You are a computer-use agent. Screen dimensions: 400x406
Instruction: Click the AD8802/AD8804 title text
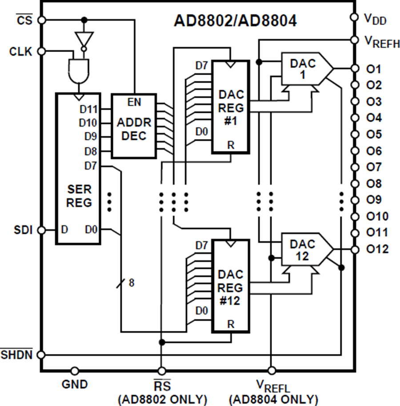point(235,20)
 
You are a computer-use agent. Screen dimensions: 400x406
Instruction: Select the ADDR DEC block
point(134,126)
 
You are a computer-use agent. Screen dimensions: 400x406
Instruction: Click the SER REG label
point(79,196)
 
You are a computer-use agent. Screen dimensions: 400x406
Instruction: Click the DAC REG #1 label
point(231,107)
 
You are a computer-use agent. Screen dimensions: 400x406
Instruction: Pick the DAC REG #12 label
point(230,288)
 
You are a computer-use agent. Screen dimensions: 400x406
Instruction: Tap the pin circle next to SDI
point(41,230)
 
